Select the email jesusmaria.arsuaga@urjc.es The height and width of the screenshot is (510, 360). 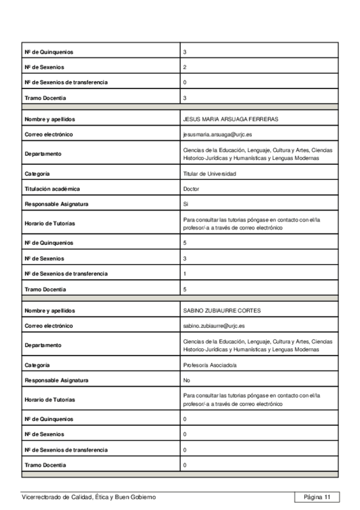213,134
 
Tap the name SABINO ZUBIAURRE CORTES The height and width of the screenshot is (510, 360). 221,311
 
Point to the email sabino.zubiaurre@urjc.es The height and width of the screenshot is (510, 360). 214,326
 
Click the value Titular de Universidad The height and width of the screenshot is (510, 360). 210,174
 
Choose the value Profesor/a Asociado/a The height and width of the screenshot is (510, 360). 210,365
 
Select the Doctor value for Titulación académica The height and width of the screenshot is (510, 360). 191,189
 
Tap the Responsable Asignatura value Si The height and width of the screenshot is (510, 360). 186,204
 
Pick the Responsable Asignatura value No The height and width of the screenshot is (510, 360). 186,380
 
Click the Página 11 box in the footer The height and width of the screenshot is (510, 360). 317,497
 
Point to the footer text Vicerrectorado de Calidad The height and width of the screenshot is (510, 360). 88,497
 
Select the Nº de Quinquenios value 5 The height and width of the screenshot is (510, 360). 185,243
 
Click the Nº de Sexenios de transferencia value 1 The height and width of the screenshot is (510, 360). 185,274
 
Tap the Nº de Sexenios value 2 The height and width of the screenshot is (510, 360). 185,67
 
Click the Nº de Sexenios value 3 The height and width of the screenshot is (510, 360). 185,259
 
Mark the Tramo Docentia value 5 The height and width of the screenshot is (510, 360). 185,289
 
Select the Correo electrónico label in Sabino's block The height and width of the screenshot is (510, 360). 49,326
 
